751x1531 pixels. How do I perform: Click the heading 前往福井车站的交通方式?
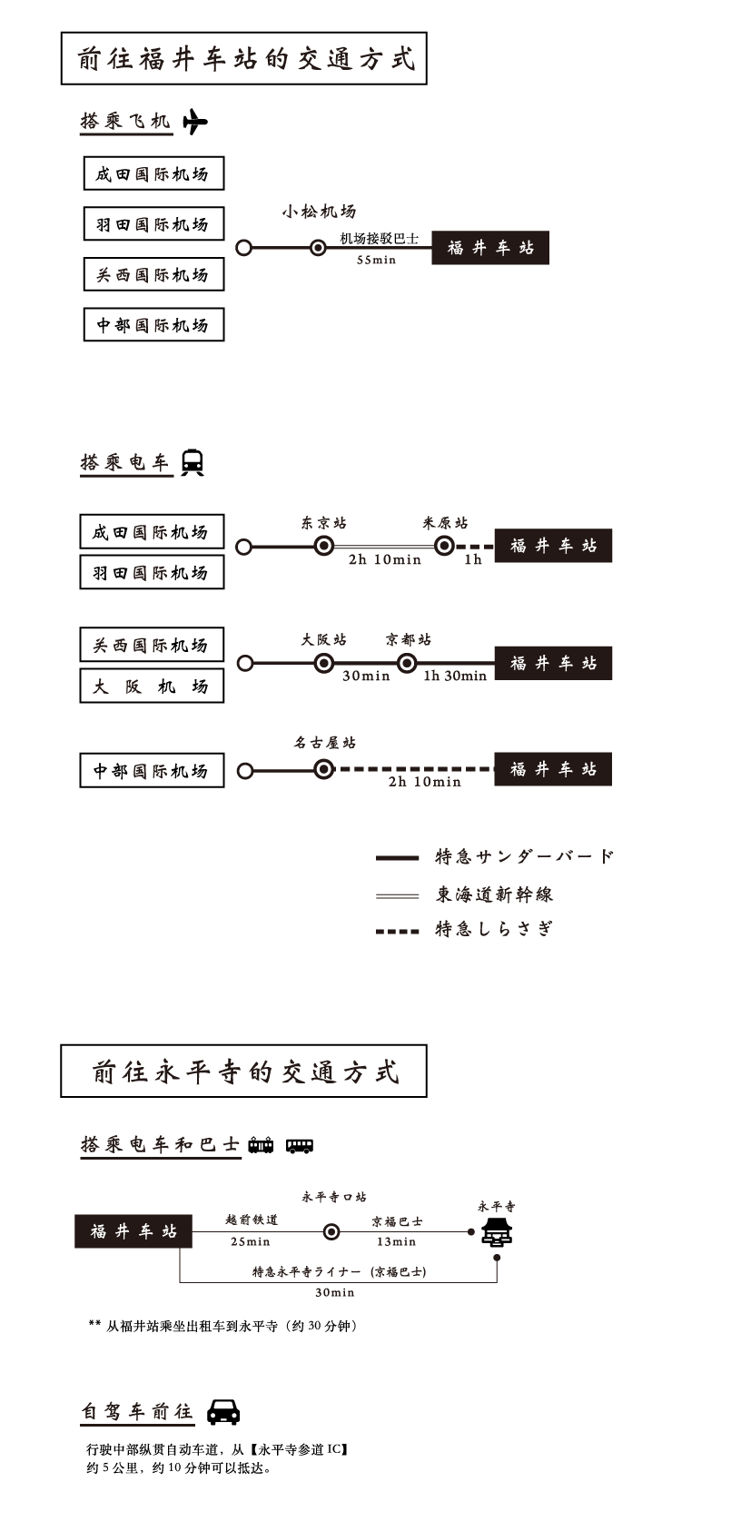tap(243, 59)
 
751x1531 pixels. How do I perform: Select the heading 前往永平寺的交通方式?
tap(243, 1072)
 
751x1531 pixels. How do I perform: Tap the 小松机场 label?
tap(318, 212)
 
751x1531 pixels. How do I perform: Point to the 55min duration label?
tap(376, 261)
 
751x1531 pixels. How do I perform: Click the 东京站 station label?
tap(324, 524)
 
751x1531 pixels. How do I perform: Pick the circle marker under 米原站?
tap(444, 546)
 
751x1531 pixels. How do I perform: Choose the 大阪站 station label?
tap(324, 640)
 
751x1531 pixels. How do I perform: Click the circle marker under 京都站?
tap(407, 664)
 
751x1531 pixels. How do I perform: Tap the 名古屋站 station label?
tap(324, 743)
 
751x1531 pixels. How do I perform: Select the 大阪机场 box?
tap(152, 686)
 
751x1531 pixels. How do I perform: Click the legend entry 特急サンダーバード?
tap(525, 857)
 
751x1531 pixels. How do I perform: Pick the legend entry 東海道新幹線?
tap(494, 895)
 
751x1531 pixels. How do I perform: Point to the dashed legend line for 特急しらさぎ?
tap(398, 931)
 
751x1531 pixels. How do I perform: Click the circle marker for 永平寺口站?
tap(331, 1232)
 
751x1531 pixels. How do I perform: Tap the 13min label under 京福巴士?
tap(396, 1242)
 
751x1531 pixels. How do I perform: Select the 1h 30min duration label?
tap(454, 677)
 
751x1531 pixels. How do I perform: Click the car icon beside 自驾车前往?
tap(223, 1411)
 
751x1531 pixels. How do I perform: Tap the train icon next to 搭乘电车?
tap(192, 461)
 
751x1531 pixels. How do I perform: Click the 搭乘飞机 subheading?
tap(125, 121)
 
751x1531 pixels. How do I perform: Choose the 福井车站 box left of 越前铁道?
tap(133, 1232)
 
